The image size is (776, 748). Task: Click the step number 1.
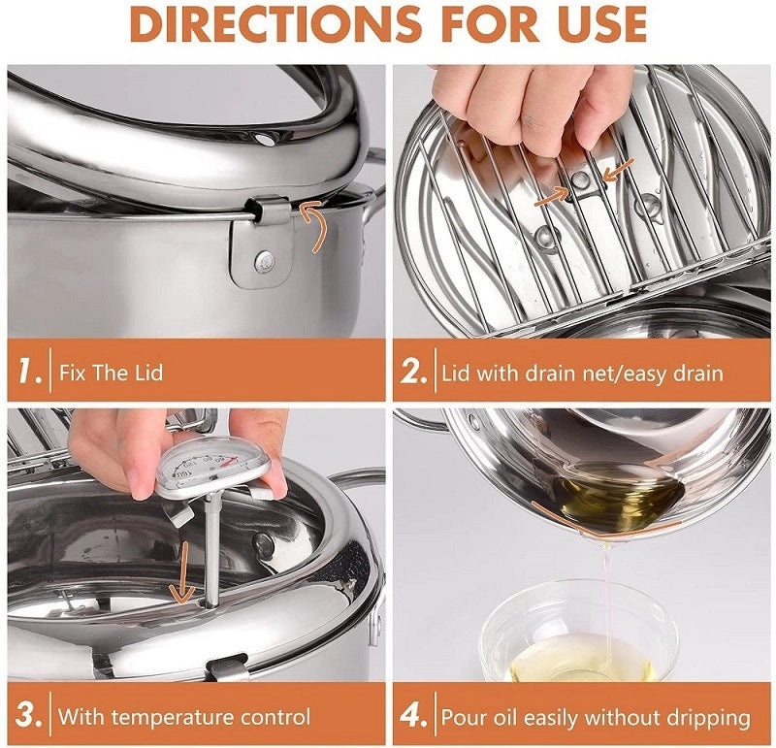28,371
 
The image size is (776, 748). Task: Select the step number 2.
414,371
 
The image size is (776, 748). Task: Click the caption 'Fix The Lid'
111,372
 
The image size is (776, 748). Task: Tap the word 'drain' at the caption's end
695,372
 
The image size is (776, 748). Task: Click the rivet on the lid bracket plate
264,259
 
